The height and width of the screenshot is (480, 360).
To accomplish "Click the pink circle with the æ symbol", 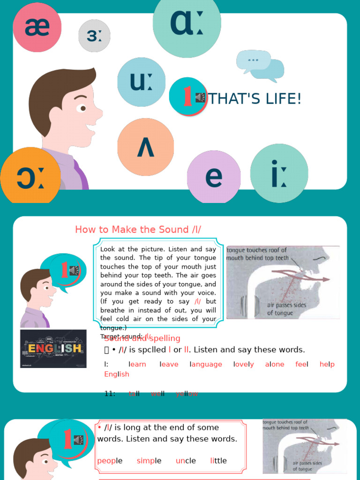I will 37,27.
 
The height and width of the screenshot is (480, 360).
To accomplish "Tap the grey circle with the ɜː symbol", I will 94,36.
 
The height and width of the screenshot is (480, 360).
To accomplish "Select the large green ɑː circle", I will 187,23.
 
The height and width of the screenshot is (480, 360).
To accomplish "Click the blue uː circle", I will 141,82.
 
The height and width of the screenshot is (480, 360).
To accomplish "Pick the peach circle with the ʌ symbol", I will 145,147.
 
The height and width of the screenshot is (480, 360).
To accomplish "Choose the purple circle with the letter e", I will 214,177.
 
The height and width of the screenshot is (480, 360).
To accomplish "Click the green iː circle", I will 279,173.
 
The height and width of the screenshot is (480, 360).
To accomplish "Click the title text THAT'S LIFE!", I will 255,99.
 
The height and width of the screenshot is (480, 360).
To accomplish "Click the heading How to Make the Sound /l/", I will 138,229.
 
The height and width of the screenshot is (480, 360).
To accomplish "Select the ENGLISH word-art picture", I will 53,348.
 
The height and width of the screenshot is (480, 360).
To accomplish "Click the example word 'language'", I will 206,364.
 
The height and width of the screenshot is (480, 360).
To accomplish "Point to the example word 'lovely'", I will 244,364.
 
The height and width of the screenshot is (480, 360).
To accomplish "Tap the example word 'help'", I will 327,364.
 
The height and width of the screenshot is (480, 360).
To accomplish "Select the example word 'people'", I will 110,461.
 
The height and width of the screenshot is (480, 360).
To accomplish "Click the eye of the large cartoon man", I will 83,108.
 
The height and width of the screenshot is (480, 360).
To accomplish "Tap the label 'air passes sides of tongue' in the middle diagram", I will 286,309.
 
